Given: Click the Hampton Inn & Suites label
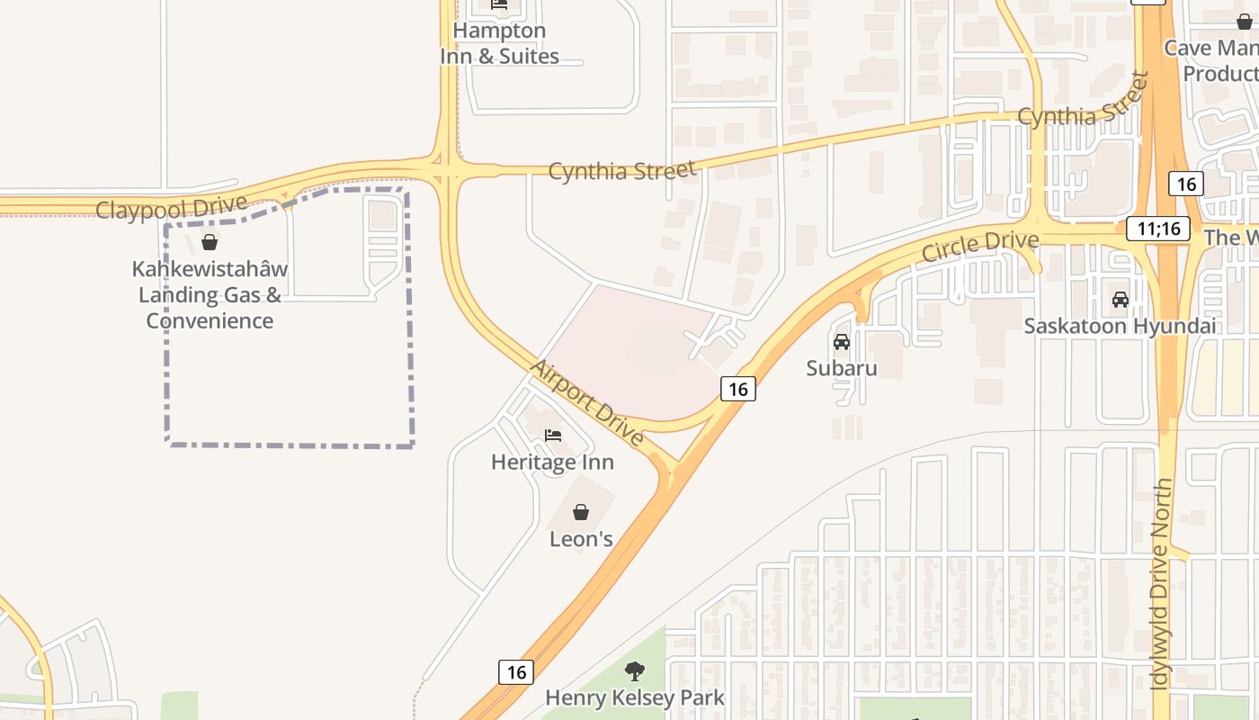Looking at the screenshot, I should pos(499,43).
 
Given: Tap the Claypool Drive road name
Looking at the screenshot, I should pos(171,207).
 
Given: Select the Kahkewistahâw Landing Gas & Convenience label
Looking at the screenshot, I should pos(210,294).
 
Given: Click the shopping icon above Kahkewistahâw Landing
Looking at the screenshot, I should pos(210,242).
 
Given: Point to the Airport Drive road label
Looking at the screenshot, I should pos(587,402).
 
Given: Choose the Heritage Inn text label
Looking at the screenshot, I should pos(552,463).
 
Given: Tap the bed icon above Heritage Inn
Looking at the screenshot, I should pos(553,436).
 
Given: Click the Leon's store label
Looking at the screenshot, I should pos(581,539).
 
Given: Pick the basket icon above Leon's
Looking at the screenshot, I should pos(581,513).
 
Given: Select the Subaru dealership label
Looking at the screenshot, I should pos(841,368).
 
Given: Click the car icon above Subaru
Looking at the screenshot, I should pos(842,342).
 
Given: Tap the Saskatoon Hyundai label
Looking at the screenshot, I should pos(1120,326).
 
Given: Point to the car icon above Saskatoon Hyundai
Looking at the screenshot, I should pos(1121,300).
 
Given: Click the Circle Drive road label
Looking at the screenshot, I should pos(980,246).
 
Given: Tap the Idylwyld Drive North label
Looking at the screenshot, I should pos(1163,585).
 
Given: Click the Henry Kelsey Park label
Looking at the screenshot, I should pos(634,697).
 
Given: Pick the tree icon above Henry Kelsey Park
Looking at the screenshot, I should pos(635,671).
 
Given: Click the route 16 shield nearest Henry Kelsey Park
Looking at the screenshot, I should pos(516,672).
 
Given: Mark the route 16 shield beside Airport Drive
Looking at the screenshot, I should pos(737,389).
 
